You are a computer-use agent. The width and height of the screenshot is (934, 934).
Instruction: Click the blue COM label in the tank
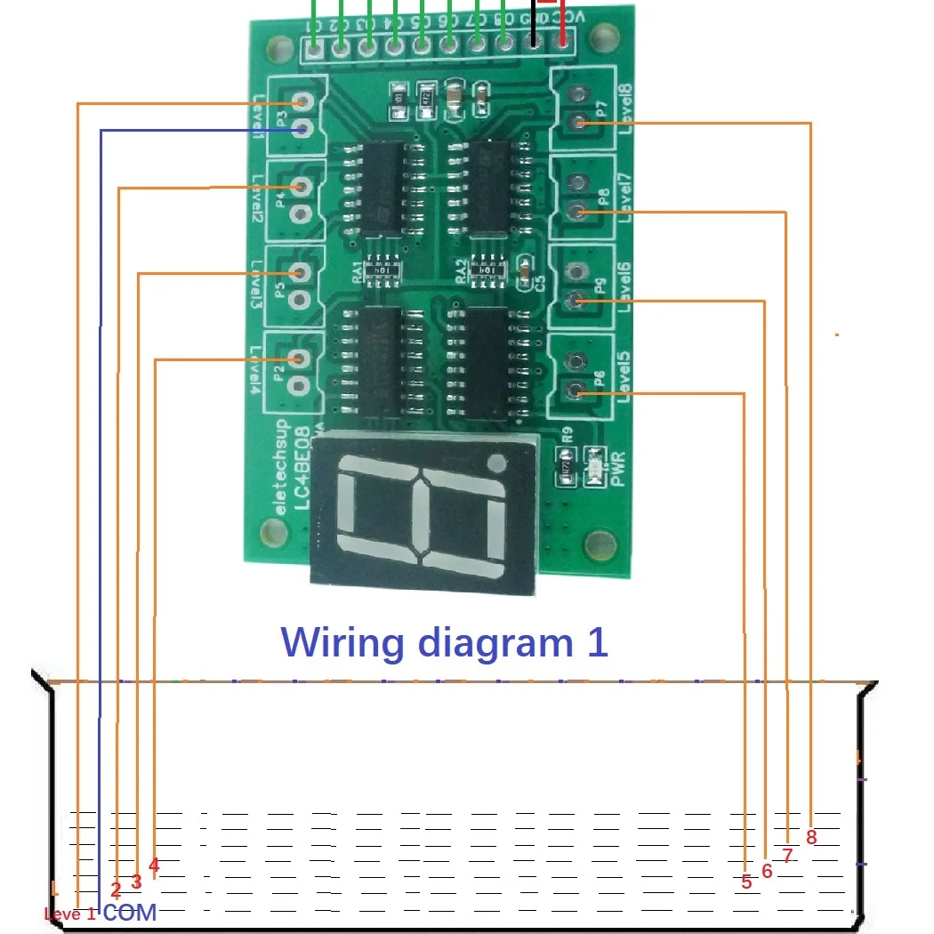coord(130,912)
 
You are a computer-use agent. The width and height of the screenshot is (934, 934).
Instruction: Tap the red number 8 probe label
coord(811,837)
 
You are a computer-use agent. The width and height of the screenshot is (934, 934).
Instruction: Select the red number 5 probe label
coord(746,882)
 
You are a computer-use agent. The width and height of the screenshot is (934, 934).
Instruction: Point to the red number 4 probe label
coord(154,865)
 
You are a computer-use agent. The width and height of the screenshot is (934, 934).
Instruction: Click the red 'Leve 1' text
coord(70,914)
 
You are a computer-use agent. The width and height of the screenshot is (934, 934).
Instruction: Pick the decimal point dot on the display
coord(497,463)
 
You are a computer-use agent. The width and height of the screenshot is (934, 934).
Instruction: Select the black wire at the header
coord(534,22)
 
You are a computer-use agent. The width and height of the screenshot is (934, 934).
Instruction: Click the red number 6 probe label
coord(767,873)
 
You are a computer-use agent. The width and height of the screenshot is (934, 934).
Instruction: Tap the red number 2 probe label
coord(116,889)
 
